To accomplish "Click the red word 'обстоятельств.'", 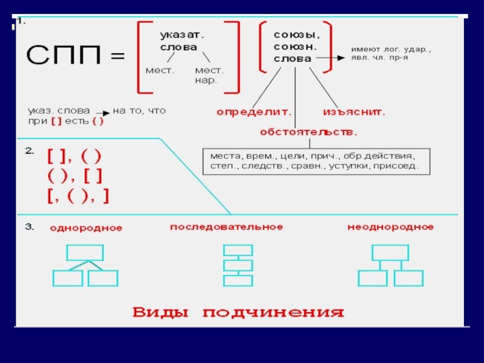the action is click(309, 131).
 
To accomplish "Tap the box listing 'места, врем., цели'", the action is click(316, 160).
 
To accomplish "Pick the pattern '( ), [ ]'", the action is click(74, 176).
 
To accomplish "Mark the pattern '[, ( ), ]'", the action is click(78, 196).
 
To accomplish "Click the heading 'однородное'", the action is click(86, 229).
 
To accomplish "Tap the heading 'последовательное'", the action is click(226, 227).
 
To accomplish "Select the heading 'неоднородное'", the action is click(390, 227).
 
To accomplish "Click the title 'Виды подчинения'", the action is click(238, 313).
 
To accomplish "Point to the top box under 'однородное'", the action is click(85, 252).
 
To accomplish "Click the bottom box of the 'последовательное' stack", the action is click(238, 280).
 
